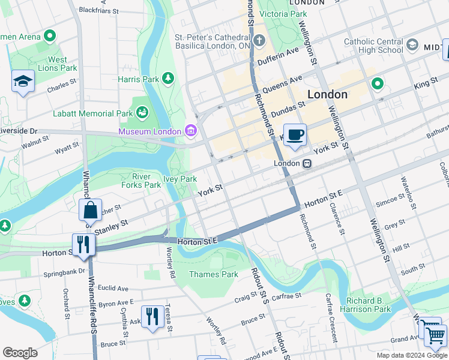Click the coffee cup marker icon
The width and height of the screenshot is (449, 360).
click(294, 136)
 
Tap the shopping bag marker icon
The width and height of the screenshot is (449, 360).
click(90, 211)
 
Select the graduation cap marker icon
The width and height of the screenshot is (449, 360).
click(23, 82)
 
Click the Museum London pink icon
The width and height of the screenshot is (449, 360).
click(191, 131)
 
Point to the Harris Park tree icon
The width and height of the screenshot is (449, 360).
click(169, 79)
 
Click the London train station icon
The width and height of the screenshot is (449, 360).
click(307, 163)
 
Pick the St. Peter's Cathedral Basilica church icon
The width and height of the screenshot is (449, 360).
click(259, 41)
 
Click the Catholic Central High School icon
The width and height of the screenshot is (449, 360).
click(412, 45)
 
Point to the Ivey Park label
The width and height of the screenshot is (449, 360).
click(180, 179)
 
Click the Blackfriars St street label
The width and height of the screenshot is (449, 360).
click(99, 10)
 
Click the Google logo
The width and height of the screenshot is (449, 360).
click(20, 353)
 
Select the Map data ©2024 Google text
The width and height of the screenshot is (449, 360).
click(411, 355)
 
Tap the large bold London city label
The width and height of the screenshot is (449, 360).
click(327, 94)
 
